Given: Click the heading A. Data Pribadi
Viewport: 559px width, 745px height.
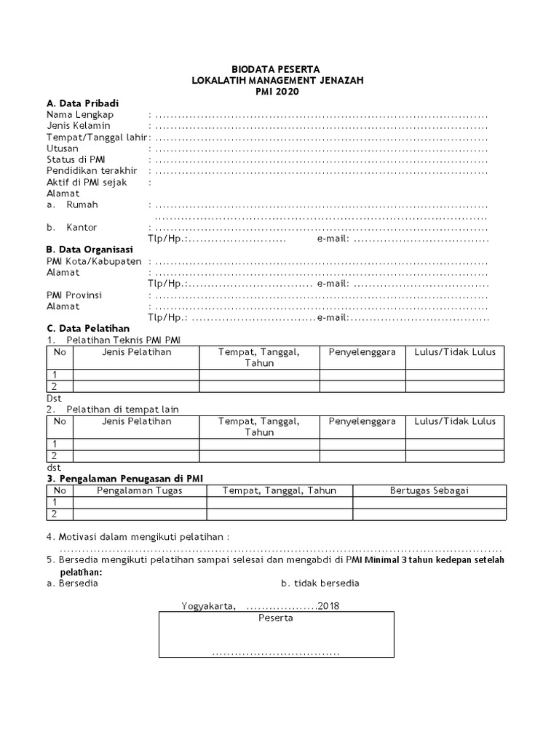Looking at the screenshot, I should [x=82, y=103].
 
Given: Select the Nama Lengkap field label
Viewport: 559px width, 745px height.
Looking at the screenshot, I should [x=80, y=115].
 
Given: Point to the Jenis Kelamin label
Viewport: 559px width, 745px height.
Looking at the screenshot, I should [x=78, y=126].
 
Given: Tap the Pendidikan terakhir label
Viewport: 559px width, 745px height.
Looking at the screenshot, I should [x=92, y=171].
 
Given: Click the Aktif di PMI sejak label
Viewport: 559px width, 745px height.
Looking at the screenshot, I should [x=87, y=183].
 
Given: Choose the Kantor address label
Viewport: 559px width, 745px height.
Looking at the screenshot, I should [x=82, y=228].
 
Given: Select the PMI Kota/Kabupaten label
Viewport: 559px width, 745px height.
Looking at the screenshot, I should [x=94, y=261].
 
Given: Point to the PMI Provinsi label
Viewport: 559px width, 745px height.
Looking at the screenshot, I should [x=74, y=295].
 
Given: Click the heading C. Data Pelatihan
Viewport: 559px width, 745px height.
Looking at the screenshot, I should [x=87, y=329].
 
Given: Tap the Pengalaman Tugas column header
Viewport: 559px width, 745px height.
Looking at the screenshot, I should [x=140, y=490].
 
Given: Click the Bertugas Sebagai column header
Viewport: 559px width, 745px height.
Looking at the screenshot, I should [x=429, y=490].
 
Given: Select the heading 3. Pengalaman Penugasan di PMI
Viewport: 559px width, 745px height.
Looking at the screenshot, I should [x=124, y=478].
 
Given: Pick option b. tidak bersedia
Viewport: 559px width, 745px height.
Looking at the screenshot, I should [x=320, y=583].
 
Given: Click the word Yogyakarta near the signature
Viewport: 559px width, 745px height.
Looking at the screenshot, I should [x=208, y=606].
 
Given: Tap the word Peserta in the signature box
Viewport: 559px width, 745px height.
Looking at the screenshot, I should [x=276, y=618].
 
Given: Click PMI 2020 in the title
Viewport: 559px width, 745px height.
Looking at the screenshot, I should [x=277, y=92].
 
